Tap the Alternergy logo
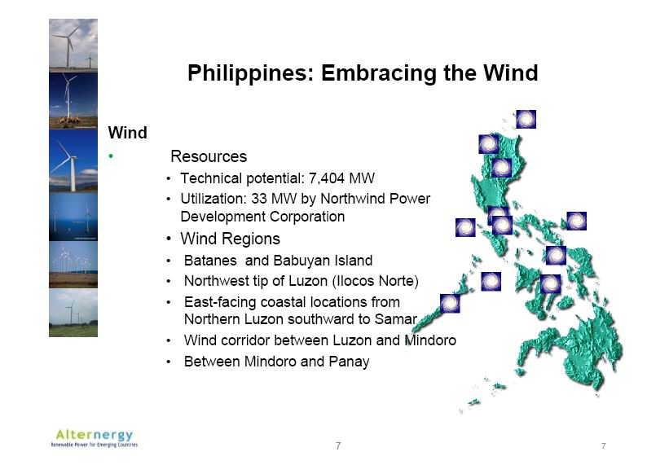tap(95, 438)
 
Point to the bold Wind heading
tap(128, 133)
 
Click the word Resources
tap(209, 156)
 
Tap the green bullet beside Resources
tap(111, 156)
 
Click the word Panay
tap(349, 362)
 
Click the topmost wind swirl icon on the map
tap(526, 120)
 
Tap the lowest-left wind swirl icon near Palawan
tap(450, 303)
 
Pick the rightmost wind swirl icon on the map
tap(576, 221)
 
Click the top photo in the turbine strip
tap(73, 45)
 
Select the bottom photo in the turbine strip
tap(73, 313)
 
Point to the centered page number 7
tap(338, 445)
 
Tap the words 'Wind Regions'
tap(230, 239)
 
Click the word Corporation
tap(302, 217)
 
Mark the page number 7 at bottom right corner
tap(603, 445)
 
